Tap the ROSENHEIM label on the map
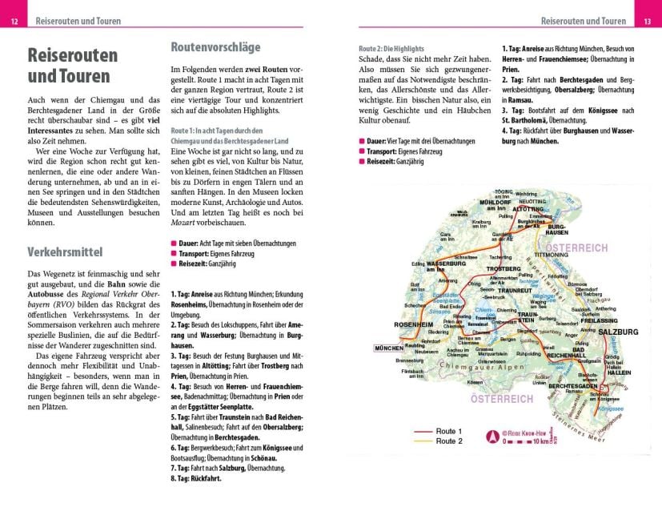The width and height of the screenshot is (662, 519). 414,324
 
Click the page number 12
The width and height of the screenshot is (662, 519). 14,22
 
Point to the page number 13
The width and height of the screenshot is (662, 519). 647,22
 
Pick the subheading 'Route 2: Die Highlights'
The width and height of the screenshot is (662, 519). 391,49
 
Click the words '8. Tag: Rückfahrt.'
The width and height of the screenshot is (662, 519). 196,478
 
